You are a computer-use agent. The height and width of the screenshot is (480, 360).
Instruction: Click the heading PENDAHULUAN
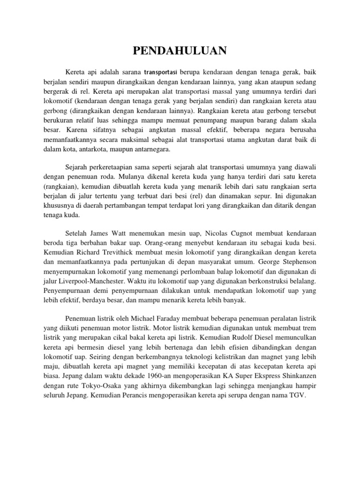180,51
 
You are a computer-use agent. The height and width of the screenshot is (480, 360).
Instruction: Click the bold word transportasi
161,73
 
